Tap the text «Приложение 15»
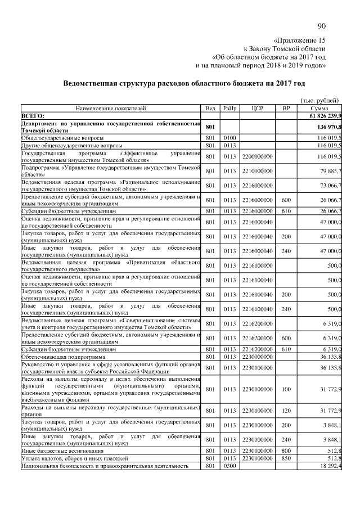pos(299,41)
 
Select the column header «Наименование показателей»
pos(111,108)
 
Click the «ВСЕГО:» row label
pos(33,115)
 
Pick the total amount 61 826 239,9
pos(326,115)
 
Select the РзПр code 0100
pos(228,137)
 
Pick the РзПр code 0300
pos(228,466)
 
